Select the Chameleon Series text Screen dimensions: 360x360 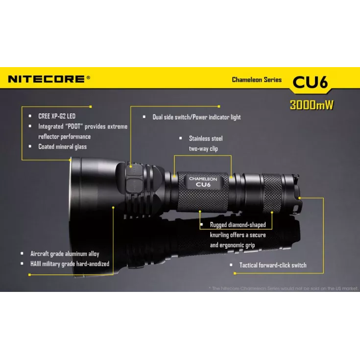pyautogui.click(x=257, y=79)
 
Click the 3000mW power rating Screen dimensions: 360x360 pyautogui.click(x=312, y=105)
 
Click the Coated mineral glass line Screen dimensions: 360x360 pyautogui.click(x=62, y=146)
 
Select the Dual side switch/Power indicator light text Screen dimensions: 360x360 pyautogui.click(x=196, y=117)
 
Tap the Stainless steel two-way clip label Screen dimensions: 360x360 pyautogui.click(x=206, y=144)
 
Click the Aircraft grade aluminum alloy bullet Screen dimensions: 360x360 pyautogui.click(x=65, y=254)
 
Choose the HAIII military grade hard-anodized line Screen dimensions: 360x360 pyautogui.click(x=70, y=264)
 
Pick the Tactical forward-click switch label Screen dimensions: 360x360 pyautogui.click(x=272, y=265)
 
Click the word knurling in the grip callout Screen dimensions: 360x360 pyautogui.click(x=222, y=235)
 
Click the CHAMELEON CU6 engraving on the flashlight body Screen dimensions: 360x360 pyautogui.click(x=203, y=182)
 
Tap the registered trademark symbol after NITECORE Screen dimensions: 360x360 pyautogui.click(x=88, y=77)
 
